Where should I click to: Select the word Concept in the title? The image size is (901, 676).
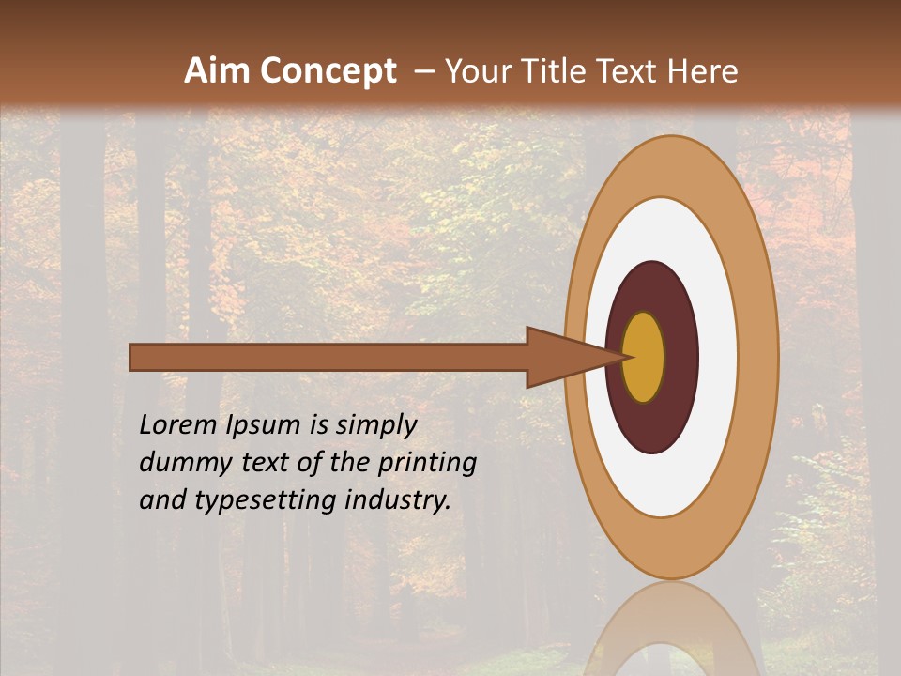(x=328, y=71)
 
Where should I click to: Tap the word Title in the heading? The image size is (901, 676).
(x=555, y=71)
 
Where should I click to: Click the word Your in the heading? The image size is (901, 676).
(x=477, y=71)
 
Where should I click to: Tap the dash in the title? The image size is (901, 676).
(x=423, y=71)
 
